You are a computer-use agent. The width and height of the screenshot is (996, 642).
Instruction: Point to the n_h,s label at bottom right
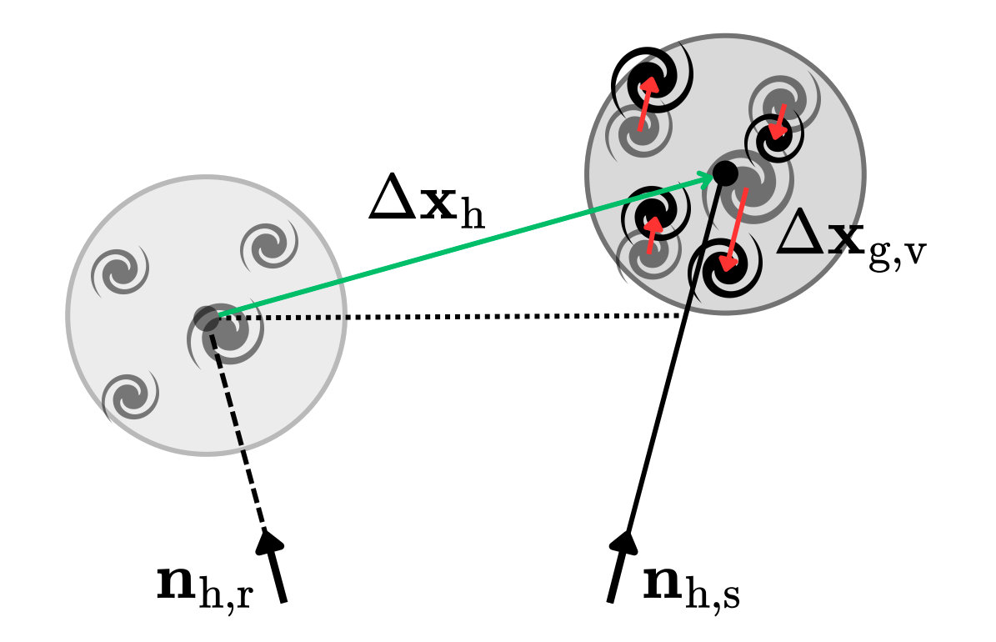(691, 585)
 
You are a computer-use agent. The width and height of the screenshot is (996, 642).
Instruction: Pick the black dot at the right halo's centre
(724, 173)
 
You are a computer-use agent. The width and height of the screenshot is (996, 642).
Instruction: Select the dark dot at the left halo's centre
(206, 318)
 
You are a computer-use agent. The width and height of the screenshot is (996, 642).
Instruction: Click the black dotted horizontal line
(450, 316)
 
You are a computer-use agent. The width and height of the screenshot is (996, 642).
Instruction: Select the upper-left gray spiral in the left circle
(118, 270)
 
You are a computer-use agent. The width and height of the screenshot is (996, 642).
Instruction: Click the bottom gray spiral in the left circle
(129, 394)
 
